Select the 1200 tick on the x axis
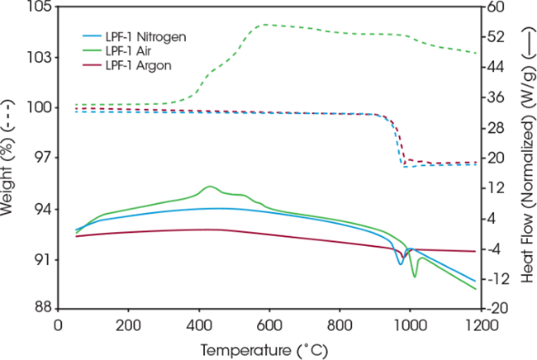tap(477, 326)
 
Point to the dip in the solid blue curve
tap(401, 264)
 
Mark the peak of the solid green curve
tap(210, 187)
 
